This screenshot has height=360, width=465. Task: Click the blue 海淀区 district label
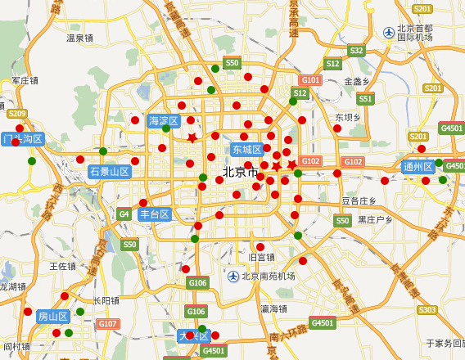[x=163, y=121]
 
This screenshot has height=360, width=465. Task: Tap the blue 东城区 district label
[x=246, y=150]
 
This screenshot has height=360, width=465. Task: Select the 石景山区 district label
[x=110, y=172]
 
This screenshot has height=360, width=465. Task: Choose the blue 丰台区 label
[x=154, y=214]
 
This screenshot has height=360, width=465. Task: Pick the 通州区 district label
[x=418, y=167]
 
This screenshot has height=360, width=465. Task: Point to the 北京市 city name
[x=239, y=173]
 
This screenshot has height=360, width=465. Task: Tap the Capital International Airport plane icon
[x=388, y=32]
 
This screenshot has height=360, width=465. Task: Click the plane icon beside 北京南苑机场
[x=233, y=276]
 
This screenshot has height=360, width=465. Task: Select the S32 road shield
[x=356, y=51]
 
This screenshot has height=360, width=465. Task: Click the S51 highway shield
[x=365, y=99]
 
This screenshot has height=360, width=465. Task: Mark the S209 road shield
[x=17, y=114]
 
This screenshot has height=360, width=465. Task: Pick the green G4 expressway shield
[x=124, y=214]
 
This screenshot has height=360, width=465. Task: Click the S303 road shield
[x=427, y=310]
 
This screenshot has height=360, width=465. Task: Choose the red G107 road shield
[x=108, y=324]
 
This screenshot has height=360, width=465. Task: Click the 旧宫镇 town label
[x=261, y=257]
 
